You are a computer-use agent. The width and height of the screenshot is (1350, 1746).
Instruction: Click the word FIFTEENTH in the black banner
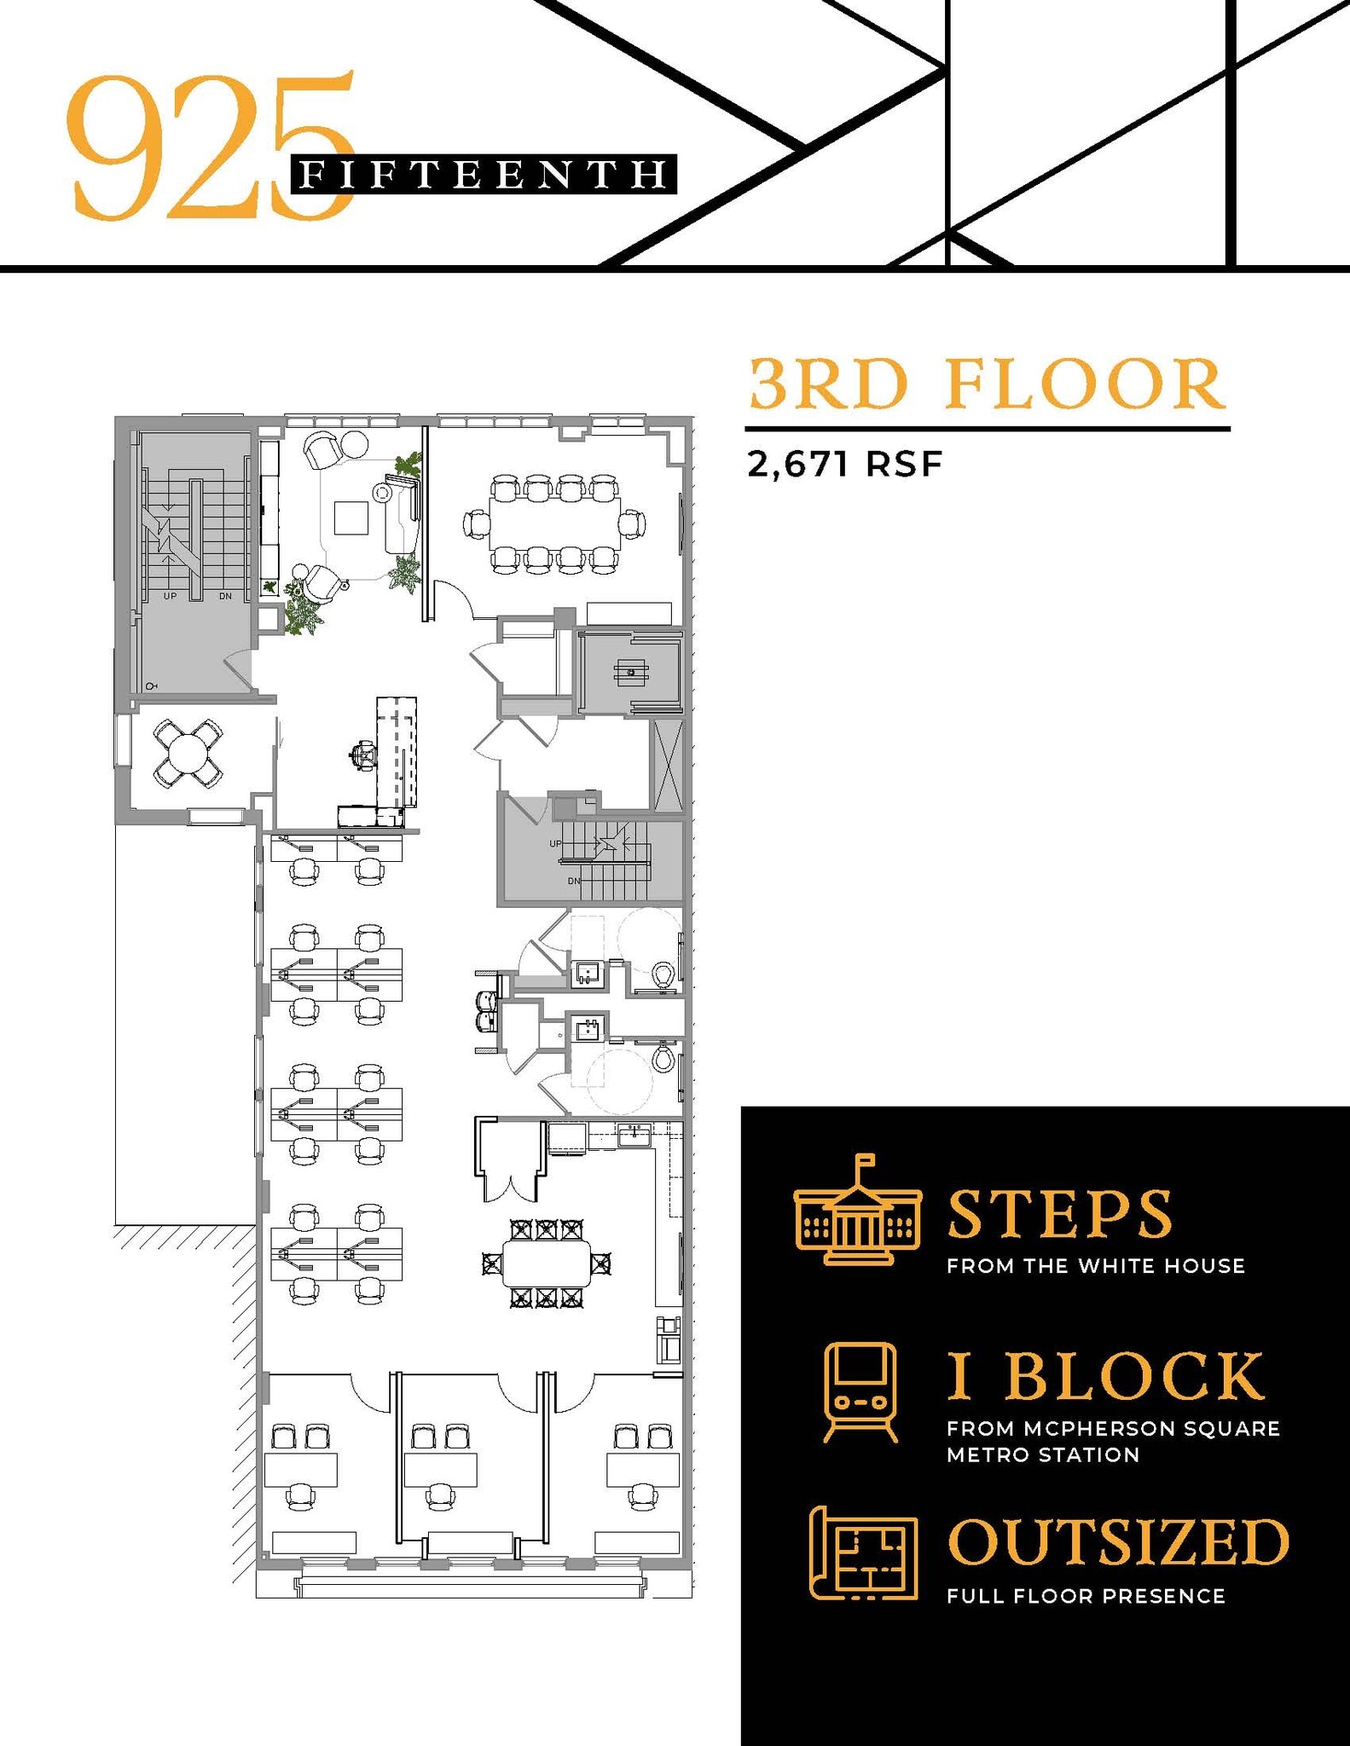tap(484, 175)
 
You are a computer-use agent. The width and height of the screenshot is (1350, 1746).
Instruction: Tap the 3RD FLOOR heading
tap(987, 384)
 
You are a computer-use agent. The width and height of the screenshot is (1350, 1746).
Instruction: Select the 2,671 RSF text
tap(844, 465)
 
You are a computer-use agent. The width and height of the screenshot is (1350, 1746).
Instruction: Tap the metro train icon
tap(860, 1392)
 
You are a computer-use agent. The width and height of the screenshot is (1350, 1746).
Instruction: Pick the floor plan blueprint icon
tap(862, 1552)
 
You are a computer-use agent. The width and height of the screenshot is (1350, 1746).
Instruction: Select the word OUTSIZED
tap(1118, 1542)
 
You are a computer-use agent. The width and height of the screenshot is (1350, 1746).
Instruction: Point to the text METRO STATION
tap(1043, 1455)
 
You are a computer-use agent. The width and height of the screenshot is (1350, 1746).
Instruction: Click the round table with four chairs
tap(188, 753)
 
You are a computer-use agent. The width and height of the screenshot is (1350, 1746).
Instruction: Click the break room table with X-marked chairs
tap(547, 1263)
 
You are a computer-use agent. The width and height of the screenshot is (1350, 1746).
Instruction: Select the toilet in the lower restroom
tap(663, 1060)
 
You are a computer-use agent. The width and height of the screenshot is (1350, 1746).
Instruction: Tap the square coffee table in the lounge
tap(351, 517)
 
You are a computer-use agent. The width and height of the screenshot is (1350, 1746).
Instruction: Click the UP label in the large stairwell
tap(170, 596)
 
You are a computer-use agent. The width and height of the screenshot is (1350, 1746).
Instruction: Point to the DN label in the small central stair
tap(574, 881)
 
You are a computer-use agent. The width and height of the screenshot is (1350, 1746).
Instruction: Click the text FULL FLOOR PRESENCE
tap(1086, 1596)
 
